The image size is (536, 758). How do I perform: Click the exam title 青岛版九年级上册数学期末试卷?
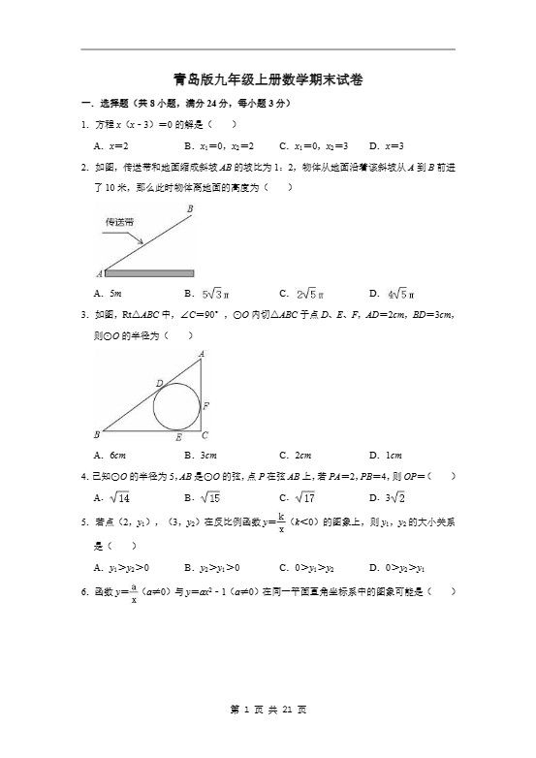pos(268,80)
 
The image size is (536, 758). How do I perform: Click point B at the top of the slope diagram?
pos(189,208)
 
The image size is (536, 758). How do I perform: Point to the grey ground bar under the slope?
pos(149,273)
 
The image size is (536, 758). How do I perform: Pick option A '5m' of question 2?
pos(112,293)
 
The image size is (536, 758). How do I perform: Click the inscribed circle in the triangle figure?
pos(176,406)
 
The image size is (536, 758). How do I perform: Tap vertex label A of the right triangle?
pos(201,355)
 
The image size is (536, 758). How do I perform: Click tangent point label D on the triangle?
pos(159,384)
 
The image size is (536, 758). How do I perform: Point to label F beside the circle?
pos(205,405)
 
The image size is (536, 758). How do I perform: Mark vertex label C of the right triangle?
pos(205,436)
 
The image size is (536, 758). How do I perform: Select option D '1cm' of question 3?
pos(386,455)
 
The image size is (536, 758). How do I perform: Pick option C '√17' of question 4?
pos(300,498)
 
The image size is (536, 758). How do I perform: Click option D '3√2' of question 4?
pos(390,498)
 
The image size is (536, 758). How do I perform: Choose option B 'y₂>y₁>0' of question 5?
pos(216,567)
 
